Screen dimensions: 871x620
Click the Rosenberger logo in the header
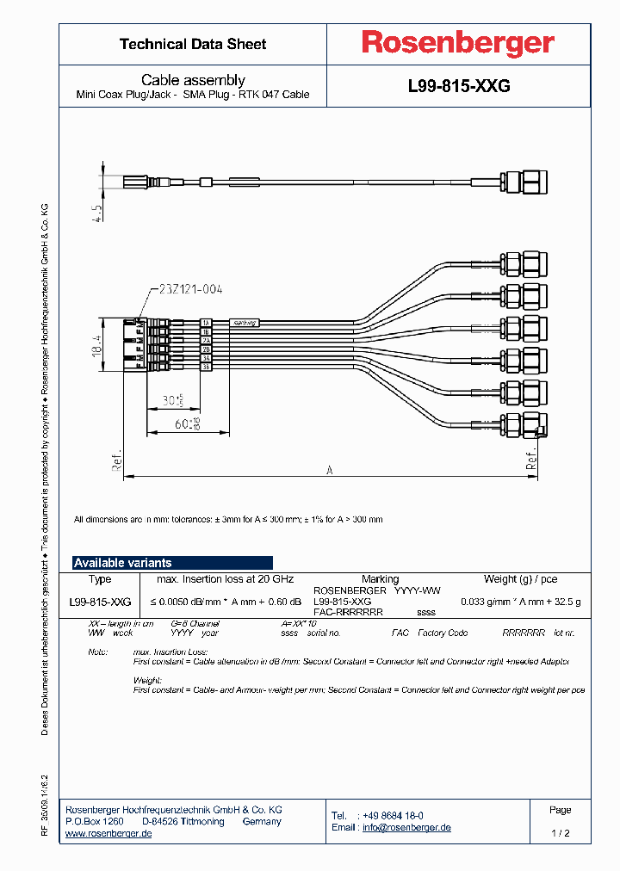pyautogui.click(x=457, y=43)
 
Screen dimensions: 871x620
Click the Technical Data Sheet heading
pyautogui.click(x=193, y=44)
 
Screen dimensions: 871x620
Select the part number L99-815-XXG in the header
pyautogui.click(x=459, y=86)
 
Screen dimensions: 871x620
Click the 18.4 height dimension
pyautogui.click(x=99, y=346)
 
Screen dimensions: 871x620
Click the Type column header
pyautogui.click(x=100, y=579)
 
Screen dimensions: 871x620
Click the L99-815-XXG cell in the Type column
pyautogui.click(x=100, y=602)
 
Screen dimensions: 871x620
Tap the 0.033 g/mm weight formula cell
pyautogui.click(x=520, y=602)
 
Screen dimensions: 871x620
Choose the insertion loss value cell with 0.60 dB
pyautogui.click(x=226, y=602)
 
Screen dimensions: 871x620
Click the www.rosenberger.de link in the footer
pyautogui.click(x=108, y=834)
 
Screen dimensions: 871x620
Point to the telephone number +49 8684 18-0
pyautogui.click(x=392, y=815)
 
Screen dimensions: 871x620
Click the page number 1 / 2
pyautogui.click(x=560, y=834)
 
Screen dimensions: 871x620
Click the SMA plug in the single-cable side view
pyautogui.click(x=525, y=182)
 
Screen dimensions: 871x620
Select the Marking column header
pyautogui.click(x=380, y=579)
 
